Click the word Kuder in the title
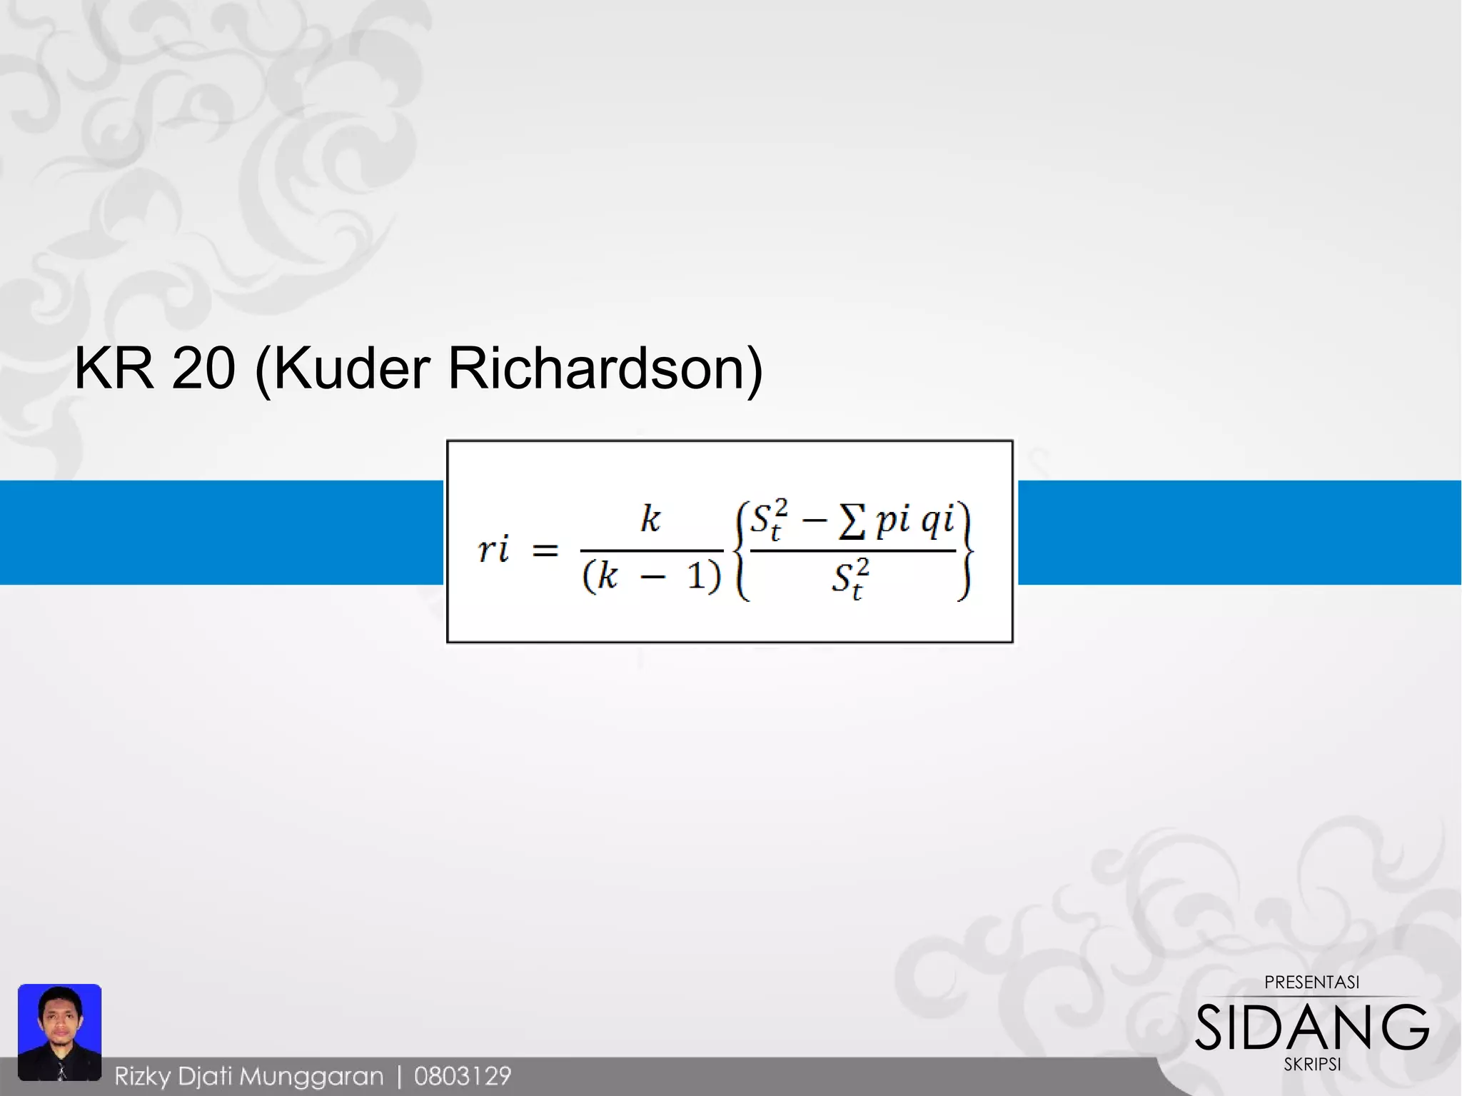(x=351, y=368)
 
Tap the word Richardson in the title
(x=605, y=368)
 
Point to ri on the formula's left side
(x=493, y=550)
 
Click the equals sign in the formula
(x=545, y=550)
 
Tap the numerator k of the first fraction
(x=650, y=519)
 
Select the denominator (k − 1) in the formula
(x=651, y=575)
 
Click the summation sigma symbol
(x=852, y=522)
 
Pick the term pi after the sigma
(x=893, y=520)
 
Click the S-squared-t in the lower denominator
(x=850, y=579)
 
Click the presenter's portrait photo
(x=60, y=1031)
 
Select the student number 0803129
(x=463, y=1076)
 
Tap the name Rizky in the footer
(x=143, y=1076)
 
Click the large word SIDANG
(x=1312, y=1027)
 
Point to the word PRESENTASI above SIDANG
(x=1312, y=982)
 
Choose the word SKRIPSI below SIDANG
(x=1312, y=1065)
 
